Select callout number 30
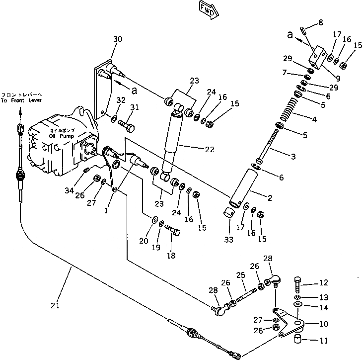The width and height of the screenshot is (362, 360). pyautogui.click(x=117, y=39)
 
